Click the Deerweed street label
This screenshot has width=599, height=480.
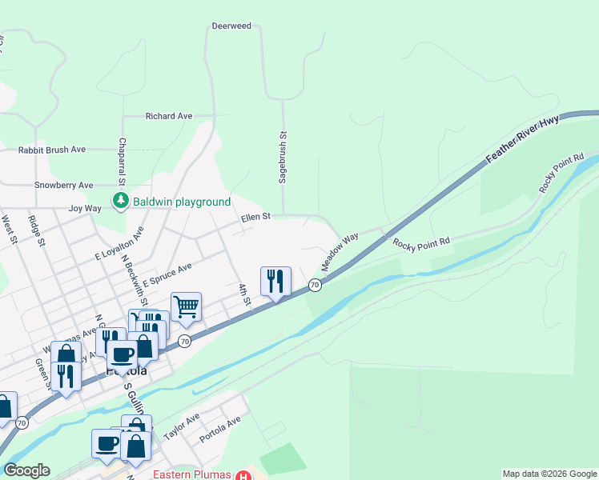[x=231, y=26]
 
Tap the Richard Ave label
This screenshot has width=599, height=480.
[x=169, y=116]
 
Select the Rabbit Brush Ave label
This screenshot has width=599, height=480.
[x=52, y=150]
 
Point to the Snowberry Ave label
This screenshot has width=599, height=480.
[x=64, y=186]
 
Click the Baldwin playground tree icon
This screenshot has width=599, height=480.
[x=120, y=202]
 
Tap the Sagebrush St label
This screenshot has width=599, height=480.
[x=283, y=158]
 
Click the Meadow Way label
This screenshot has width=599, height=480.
[x=340, y=250]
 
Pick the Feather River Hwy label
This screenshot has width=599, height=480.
[x=521, y=141]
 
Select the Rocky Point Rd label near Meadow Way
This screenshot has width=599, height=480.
[x=421, y=241]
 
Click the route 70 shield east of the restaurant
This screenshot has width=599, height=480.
[x=315, y=285]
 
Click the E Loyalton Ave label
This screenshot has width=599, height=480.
[x=119, y=244]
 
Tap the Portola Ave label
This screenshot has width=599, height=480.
[x=219, y=425]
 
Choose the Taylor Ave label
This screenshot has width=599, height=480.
[x=181, y=428]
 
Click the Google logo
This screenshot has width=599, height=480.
[x=26, y=470]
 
